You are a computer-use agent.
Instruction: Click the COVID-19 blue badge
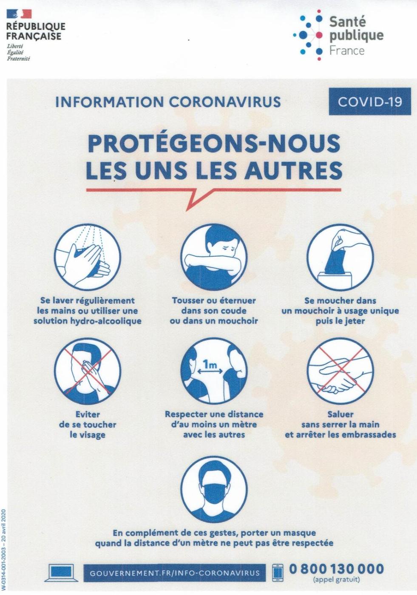(370, 102)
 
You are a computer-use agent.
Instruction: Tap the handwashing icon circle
(88, 257)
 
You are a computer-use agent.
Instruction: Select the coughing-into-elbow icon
(214, 257)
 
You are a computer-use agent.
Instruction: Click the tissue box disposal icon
(340, 257)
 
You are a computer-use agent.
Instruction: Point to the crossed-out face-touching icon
(88, 371)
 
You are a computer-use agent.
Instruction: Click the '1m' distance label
(210, 365)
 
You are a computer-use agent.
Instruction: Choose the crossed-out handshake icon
(340, 371)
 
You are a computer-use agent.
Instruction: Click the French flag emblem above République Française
(19, 14)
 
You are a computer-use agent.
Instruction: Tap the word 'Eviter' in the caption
(88, 414)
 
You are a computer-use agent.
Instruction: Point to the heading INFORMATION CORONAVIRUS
(168, 102)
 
